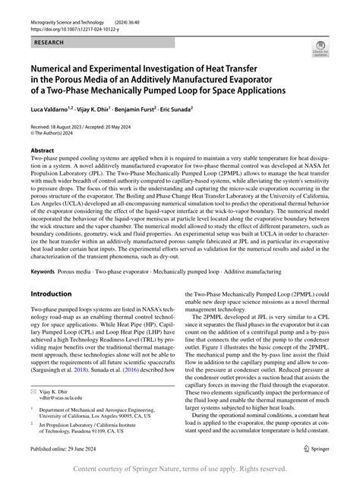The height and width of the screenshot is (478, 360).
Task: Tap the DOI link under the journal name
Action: [71, 24]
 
